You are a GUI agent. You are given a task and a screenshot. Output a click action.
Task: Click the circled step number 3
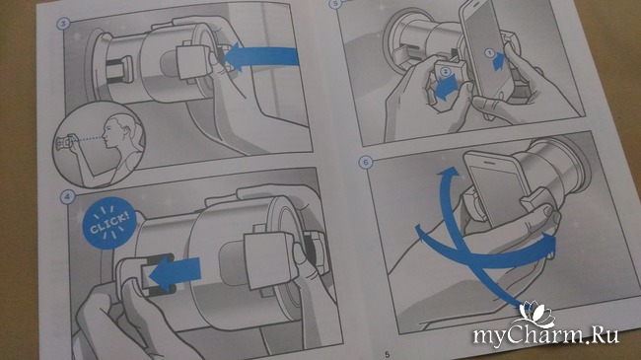63,24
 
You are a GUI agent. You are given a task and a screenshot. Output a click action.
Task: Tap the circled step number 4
67,197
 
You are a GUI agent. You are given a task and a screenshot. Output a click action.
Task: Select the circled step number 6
366,163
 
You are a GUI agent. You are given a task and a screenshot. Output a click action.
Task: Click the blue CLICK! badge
109,223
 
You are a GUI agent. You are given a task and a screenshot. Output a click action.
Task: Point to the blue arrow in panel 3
261,56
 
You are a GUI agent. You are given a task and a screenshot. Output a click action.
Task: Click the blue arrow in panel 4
175,271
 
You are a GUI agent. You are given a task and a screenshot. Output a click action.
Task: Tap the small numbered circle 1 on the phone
490,52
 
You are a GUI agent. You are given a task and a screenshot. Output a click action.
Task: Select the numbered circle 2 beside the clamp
445,72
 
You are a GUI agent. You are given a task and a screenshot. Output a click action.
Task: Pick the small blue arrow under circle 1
499,62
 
